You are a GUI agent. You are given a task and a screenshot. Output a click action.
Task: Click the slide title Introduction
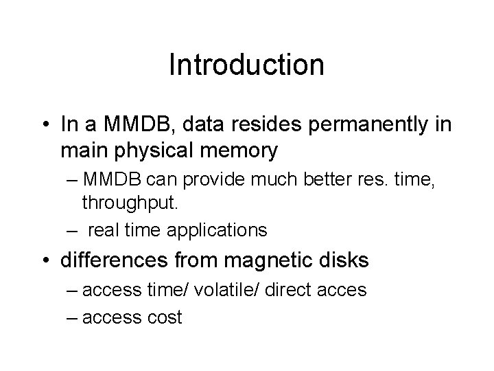(246, 65)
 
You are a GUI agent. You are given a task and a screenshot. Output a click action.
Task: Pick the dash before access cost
(73, 318)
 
